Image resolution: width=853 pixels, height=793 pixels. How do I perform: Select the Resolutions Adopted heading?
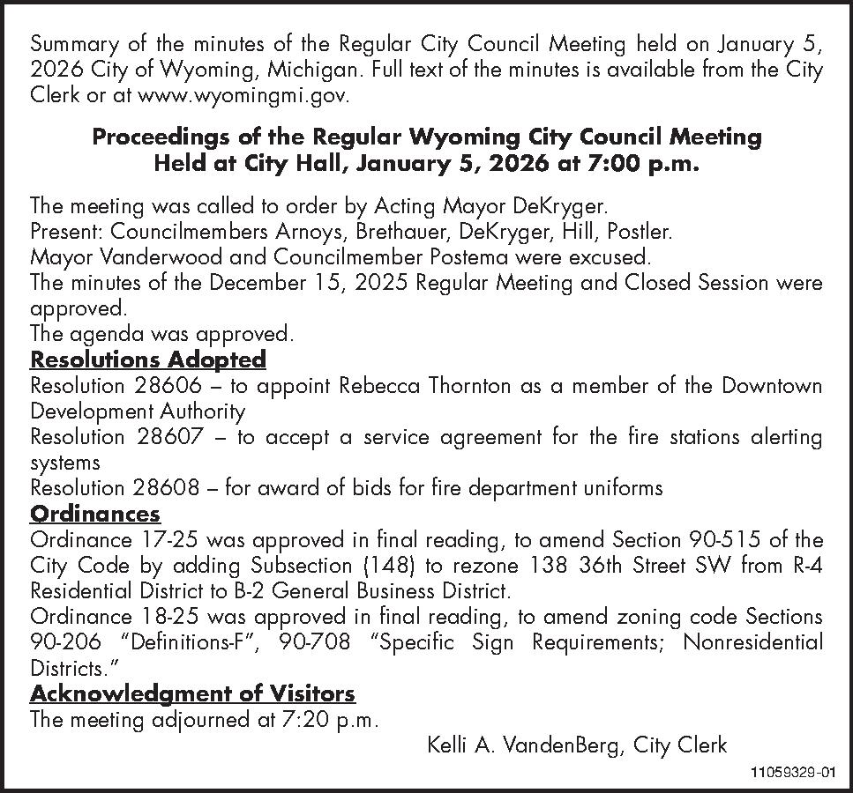[147, 359]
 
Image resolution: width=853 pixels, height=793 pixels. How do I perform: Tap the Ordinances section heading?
[95, 514]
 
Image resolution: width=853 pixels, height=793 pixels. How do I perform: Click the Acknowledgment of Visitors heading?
[192, 693]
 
